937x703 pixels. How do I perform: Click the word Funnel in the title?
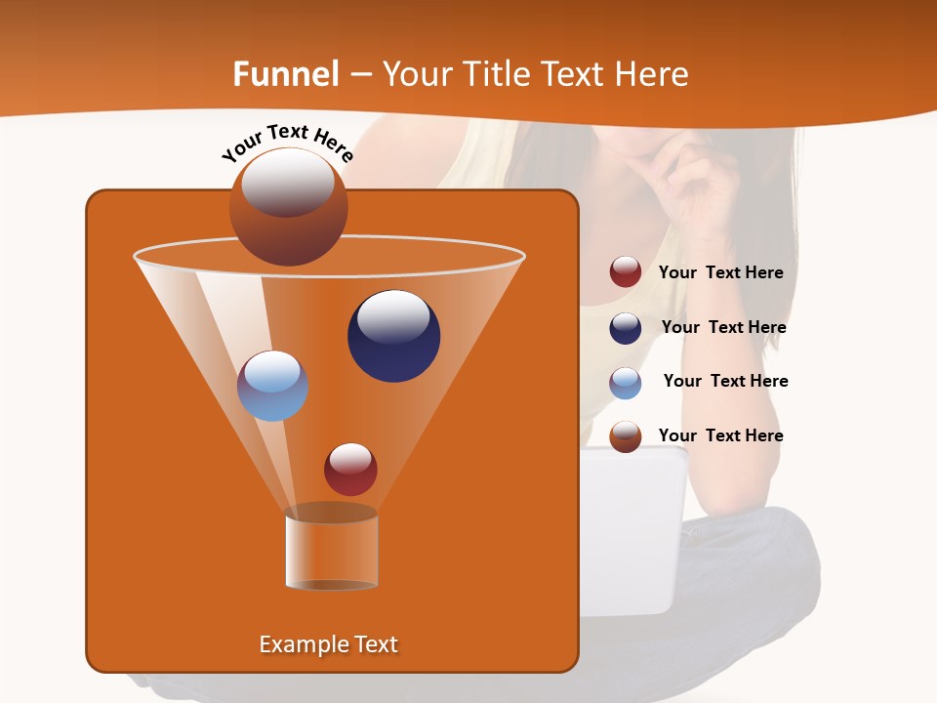285,74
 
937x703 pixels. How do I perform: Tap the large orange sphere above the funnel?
288,206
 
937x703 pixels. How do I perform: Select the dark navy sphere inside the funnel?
393,336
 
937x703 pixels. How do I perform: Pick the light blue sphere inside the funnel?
272,386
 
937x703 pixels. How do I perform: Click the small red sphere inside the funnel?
350,469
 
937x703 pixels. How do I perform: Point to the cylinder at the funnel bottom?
331,549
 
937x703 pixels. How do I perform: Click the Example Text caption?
328,644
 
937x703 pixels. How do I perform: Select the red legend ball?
626,272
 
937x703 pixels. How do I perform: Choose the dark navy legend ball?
626,328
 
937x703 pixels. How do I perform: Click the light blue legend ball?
626,383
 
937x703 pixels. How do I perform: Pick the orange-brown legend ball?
626,436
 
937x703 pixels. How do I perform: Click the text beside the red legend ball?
720,273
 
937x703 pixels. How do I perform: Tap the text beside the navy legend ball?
723,328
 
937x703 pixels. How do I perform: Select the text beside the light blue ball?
725,382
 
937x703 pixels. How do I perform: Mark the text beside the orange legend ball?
720,436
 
